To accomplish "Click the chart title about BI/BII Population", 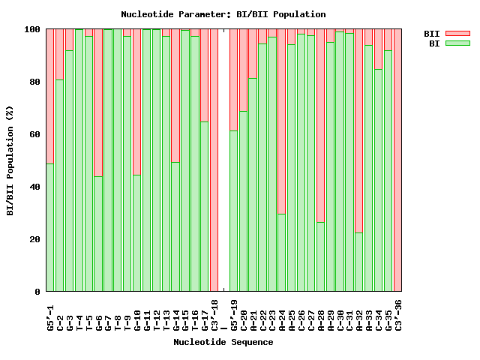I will (223, 14).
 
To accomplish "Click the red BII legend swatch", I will (457, 33).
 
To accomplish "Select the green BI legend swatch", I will (457, 43).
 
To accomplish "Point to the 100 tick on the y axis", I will (33, 29).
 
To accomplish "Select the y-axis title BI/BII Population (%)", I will (10, 160).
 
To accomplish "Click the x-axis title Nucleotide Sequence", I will (223, 342).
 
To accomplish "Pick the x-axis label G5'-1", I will (50, 315).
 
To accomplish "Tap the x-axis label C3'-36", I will (398, 315).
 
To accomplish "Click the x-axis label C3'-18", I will (214, 315).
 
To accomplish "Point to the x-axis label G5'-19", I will (234, 315).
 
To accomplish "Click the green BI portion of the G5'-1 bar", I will (50, 225).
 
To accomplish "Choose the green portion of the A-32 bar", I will (359, 262).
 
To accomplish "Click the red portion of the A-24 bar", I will (282, 120).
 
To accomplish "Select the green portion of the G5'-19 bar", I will (234, 210).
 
